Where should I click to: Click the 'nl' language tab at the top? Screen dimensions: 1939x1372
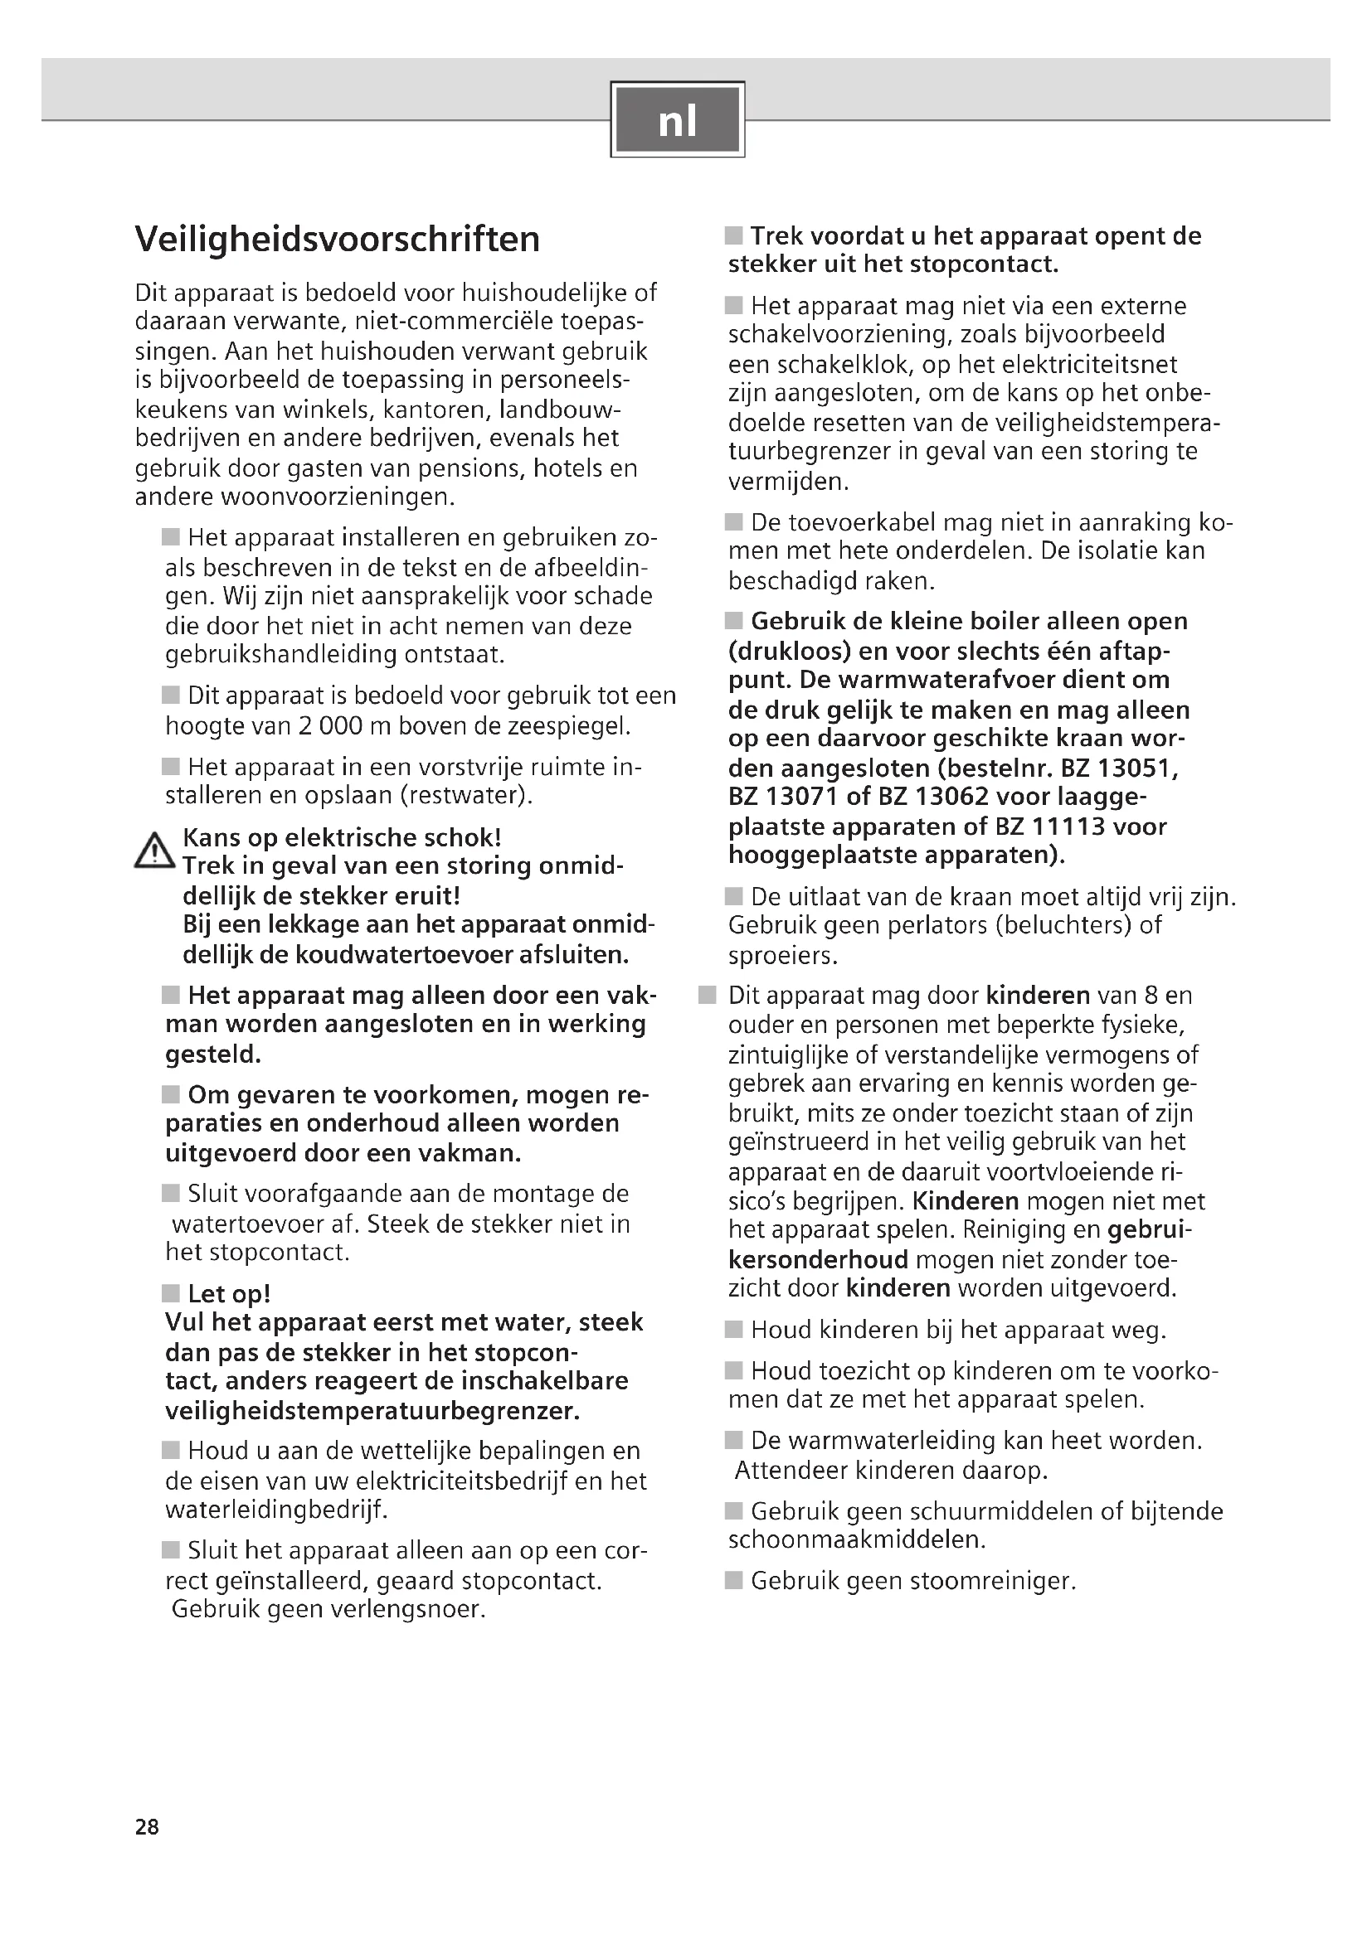pos(678,120)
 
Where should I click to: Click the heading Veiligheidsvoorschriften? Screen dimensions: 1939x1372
pos(337,239)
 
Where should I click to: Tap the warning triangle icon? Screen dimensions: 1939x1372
pos(153,851)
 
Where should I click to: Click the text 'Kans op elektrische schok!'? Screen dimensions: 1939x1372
pos(342,837)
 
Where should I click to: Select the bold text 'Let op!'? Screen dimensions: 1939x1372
pos(229,1293)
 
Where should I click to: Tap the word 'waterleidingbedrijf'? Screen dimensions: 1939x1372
pos(276,1509)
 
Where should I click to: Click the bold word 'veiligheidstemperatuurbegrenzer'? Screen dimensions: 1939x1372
pos(372,1409)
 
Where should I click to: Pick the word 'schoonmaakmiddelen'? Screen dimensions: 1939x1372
pos(857,1539)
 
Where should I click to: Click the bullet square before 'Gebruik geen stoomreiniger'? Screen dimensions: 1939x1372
pos(733,1579)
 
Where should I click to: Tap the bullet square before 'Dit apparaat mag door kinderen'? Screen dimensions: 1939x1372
pos(707,995)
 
